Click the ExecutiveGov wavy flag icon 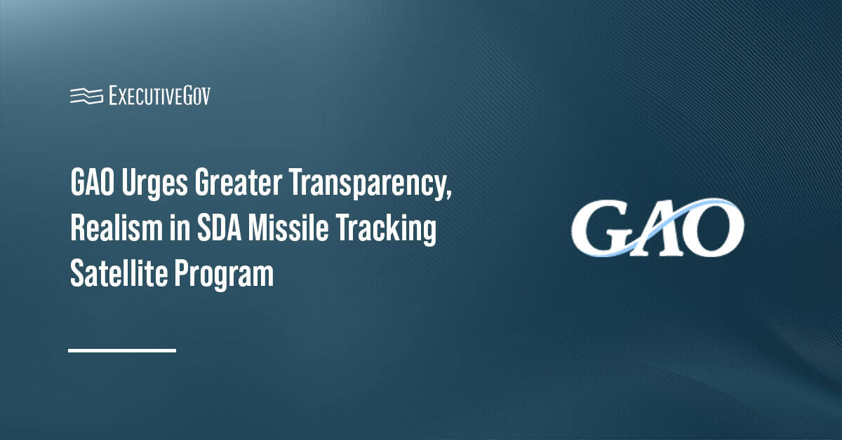pos(86,96)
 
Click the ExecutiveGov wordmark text pos(160,96)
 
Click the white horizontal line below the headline pos(122,350)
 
